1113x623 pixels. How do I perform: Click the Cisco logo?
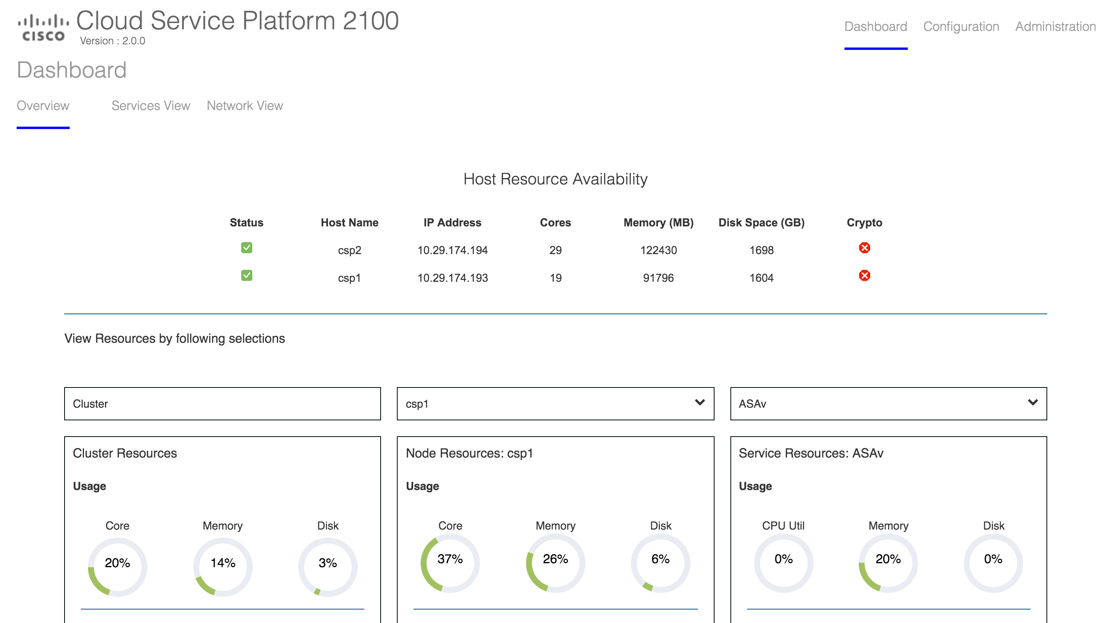43,28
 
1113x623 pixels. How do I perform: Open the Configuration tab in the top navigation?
961,27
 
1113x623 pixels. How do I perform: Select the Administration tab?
1055,27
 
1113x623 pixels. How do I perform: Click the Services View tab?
151,106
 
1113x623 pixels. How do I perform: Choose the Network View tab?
244,106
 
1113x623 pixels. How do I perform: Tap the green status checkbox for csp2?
247,248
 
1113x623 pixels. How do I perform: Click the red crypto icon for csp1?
864,275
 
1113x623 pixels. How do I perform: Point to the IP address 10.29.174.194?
452,251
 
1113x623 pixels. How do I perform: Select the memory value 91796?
658,278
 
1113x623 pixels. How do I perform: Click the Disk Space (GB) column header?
761,223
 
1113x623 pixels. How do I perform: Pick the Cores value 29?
555,251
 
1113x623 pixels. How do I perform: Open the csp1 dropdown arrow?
699,403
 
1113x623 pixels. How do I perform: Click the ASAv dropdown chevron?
1032,403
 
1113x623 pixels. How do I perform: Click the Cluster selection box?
222,404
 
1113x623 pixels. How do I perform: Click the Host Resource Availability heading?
555,179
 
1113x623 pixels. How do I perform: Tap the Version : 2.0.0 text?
112,41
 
